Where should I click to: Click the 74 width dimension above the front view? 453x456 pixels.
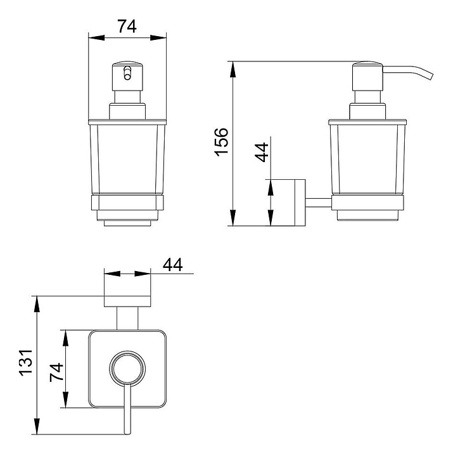pos(127,26)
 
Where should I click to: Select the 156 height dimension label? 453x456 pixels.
pos(222,142)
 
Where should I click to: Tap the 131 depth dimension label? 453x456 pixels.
pos(26,362)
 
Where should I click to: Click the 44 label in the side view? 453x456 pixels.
pos(262,152)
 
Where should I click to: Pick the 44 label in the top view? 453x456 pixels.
pos(172,265)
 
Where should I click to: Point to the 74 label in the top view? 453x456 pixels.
pos(56,372)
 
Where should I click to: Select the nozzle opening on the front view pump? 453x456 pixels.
pos(127,73)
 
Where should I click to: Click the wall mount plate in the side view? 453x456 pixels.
pos(300,203)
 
